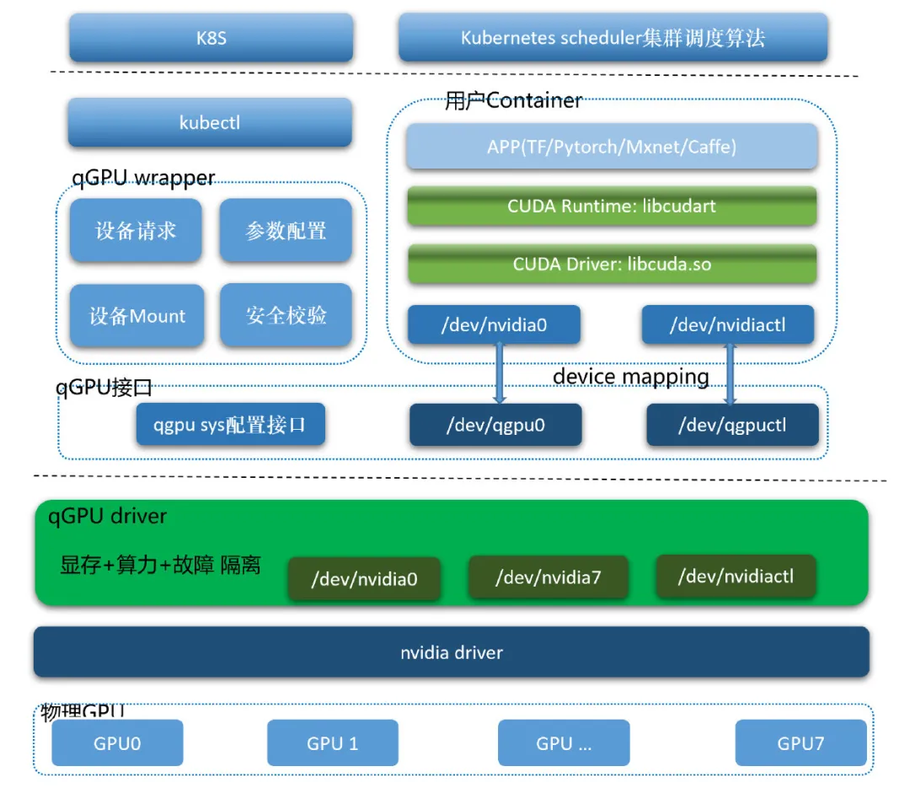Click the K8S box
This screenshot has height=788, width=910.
pyautogui.click(x=211, y=38)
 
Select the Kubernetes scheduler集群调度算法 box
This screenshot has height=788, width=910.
pyautogui.click(x=613, y=38)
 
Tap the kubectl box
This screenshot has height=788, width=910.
pyautogui.click(x=210, y=122)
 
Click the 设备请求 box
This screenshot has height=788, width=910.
pyautogui.click(x=136, y=230)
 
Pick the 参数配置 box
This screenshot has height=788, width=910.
pyautogui.click(x=286, y=230)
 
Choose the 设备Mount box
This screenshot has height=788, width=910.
pyautogui.click(x=137, y=316)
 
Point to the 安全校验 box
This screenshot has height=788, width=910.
pyautogui.click(x=286, y=316)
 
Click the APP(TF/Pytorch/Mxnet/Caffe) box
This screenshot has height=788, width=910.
pyautogui.click(x=612, y=147)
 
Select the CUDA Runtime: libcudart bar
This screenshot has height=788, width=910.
pyautogui.click(x=612, y=206)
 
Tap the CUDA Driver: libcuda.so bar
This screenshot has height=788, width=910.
pyautogui.click(x=612, y=264)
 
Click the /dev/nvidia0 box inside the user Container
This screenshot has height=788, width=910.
pyautogui.click(x=494, y=324)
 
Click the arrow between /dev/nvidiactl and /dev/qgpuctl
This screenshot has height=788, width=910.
pyautogui.click(x=730, y=373)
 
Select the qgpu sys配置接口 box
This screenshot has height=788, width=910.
pyautogui.click(x=230, y=425)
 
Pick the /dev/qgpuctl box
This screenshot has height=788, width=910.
pyautogui.click(x=732, y=425)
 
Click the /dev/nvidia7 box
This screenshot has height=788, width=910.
pyautogui.click(x=548, y=577)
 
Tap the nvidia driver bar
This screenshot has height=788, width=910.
pyautogui.click(x=452, y=651)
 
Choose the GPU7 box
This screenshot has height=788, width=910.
pyautogui.click(x=800, y=742)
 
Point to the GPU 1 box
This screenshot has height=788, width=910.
pyautogui.click(x=332, y=742)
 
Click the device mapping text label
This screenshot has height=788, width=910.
pyautogui.click(x=630, y=377)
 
